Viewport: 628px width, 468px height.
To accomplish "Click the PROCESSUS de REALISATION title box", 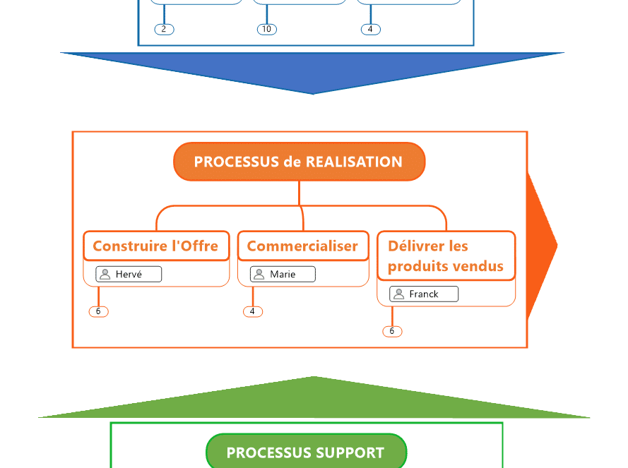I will (x=299, y=162).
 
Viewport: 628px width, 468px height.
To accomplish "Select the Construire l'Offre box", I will (x=156, y=246).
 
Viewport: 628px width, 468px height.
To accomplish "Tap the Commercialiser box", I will (x=302, y=246).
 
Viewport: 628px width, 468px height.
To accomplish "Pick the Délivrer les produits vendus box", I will (x=446, y=256).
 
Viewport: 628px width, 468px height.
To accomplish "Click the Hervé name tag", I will (x=129, y=275).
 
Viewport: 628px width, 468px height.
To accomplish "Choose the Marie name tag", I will (x=283, y=275).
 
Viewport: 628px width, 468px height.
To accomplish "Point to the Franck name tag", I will (x=424, y=294).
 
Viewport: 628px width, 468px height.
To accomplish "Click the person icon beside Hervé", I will (x=105, y=275).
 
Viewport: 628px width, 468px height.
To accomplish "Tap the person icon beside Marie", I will (x=259, y=275).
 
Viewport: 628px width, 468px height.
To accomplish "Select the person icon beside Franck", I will (x=398, y=294).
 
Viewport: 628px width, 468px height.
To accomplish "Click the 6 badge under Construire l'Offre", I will (x=98, y=311).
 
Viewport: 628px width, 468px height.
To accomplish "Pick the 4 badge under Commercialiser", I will (x=252, y=311).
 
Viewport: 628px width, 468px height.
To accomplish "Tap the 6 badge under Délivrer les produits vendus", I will (x=392, y=331).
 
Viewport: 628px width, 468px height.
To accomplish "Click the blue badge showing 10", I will (x=266, y=30).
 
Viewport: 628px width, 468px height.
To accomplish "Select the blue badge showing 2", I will (x=164, y=30).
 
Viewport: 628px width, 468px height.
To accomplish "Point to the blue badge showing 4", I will (x=370, y=30).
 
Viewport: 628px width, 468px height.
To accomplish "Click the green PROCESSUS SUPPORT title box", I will (x=306, y=452).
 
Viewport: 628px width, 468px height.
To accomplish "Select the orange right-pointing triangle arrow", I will (x=540, y=246).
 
